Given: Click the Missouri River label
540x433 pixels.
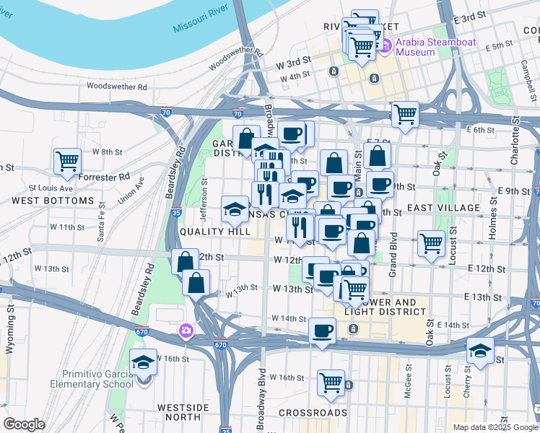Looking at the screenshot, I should coord(201,21).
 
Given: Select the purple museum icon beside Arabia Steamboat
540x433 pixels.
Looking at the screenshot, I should coord(386,46).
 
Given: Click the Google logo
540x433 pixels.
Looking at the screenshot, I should coord(24,424).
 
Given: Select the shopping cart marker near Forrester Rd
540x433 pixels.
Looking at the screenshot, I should coord(67,161).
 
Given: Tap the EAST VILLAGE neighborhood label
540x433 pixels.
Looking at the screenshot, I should coord(443,208).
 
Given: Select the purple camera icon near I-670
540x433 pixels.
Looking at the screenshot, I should coord(186,331).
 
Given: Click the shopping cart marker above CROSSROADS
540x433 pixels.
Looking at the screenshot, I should coord(331,382).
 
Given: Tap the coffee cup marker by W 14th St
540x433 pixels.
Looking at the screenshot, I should coord(322,331).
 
